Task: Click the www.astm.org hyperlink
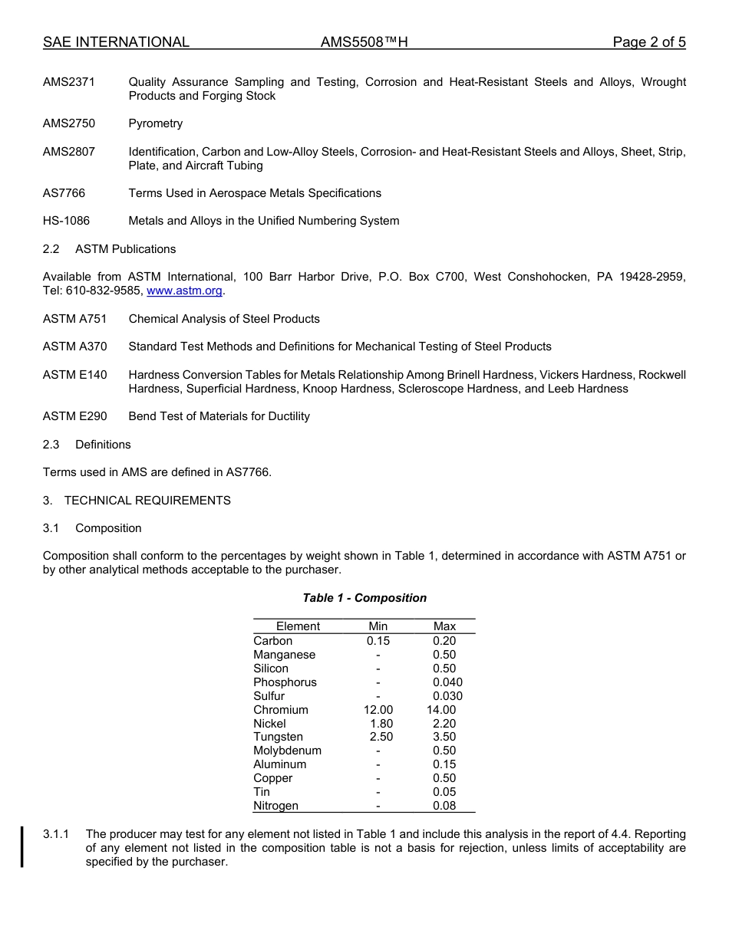pyautogui.click(x=184, y=291)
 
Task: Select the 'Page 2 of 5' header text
pyautogui.click(x=648, y=42)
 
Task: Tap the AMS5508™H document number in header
pyautogui.click(x=364, y=42)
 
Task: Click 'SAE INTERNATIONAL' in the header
pyautogui.click(x=116, y=42)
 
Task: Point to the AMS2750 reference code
pyautogui.click(x=69, y=123)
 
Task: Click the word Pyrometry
pyautogui.click(x=156, y=123)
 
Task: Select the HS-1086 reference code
pyautogui.click(x=66, y=221)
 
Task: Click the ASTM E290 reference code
pyautogui.click(x=75, y=416)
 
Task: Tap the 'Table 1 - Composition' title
pyautogui.click(x=364, y=598)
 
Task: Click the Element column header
pyautogui.click(x=298, y=626)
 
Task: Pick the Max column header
pyautogui.click(x=444, y=626)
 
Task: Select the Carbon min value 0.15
pyautogui.click(x=378, y=641)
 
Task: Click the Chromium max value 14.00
pyautogui.click(x=441, y=710)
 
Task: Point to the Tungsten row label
pyautogui.click(x=278, y=737)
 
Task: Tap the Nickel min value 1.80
pyautogui.click(x=381, y=724)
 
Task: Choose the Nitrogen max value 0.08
pyautogui.click(x=444, y=806)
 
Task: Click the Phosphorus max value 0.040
pyautogui.click(x=447, y=682)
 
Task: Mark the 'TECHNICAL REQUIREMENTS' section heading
pyautogui.click(x=147, y=501)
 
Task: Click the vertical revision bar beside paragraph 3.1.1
pyautogui.click(x=22, y=847)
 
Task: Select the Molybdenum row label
pyautogui.click(x=287, y=751)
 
